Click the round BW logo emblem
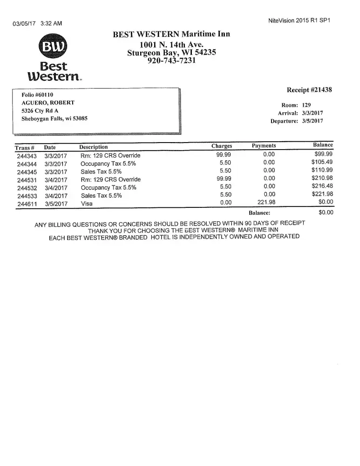[54, 47]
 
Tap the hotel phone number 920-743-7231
[171, 61]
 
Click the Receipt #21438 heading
[309, 90]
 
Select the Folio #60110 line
[38, 95]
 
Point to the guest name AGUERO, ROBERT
[48, 103]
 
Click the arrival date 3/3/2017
[313, 113]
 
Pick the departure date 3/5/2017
[313, 121]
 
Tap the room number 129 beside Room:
[307, 105]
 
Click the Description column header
[94, 147]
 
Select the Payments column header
[264, 146]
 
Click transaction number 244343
[27, 156]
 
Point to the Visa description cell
[87, 204]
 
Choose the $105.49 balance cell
[322, 162]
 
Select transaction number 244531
[27, 180]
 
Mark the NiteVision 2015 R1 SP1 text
[300, 21]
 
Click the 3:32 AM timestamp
[52, 23]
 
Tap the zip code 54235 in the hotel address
[205, 53]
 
